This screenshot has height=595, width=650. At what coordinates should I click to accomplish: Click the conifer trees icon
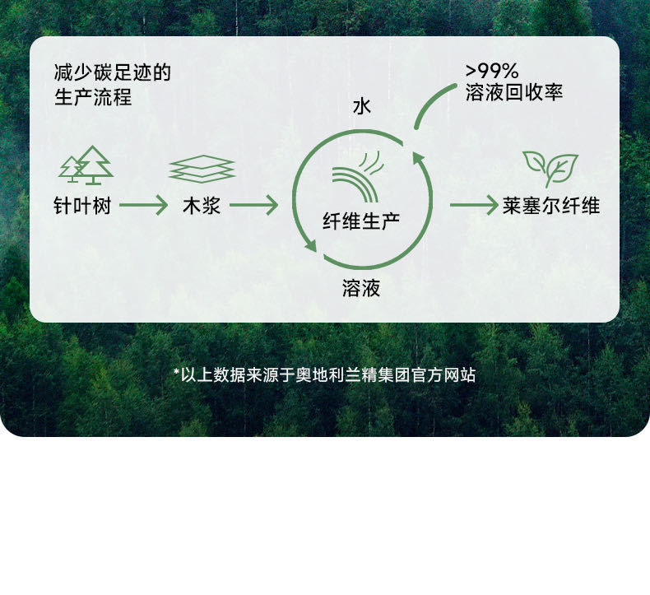coord(86,165)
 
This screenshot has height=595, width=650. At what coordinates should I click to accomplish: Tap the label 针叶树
coord(81,206)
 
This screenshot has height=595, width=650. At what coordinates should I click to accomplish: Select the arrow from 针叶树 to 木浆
coord(143,205)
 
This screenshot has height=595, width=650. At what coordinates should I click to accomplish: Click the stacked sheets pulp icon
coord(202,169)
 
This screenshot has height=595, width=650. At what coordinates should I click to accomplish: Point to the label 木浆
coord(202,206)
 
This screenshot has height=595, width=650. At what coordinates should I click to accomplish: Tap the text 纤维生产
coord(361,221)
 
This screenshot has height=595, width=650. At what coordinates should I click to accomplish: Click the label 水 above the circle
coord(362,106)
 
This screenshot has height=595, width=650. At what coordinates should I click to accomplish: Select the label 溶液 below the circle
coord(361,289)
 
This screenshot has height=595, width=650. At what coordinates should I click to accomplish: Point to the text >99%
coord(492,71)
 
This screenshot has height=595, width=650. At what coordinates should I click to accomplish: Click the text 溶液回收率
coord(514,93)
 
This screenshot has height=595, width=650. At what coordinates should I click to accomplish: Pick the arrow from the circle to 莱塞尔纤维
coord(473,205)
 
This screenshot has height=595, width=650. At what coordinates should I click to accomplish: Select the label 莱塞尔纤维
coord(551,206)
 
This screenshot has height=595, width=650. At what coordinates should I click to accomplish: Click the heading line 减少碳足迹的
coord(112,72)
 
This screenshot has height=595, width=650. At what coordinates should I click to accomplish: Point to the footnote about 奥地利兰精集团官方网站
coord(324,375)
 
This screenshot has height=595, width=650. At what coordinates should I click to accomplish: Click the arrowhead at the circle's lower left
coord(309,244)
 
